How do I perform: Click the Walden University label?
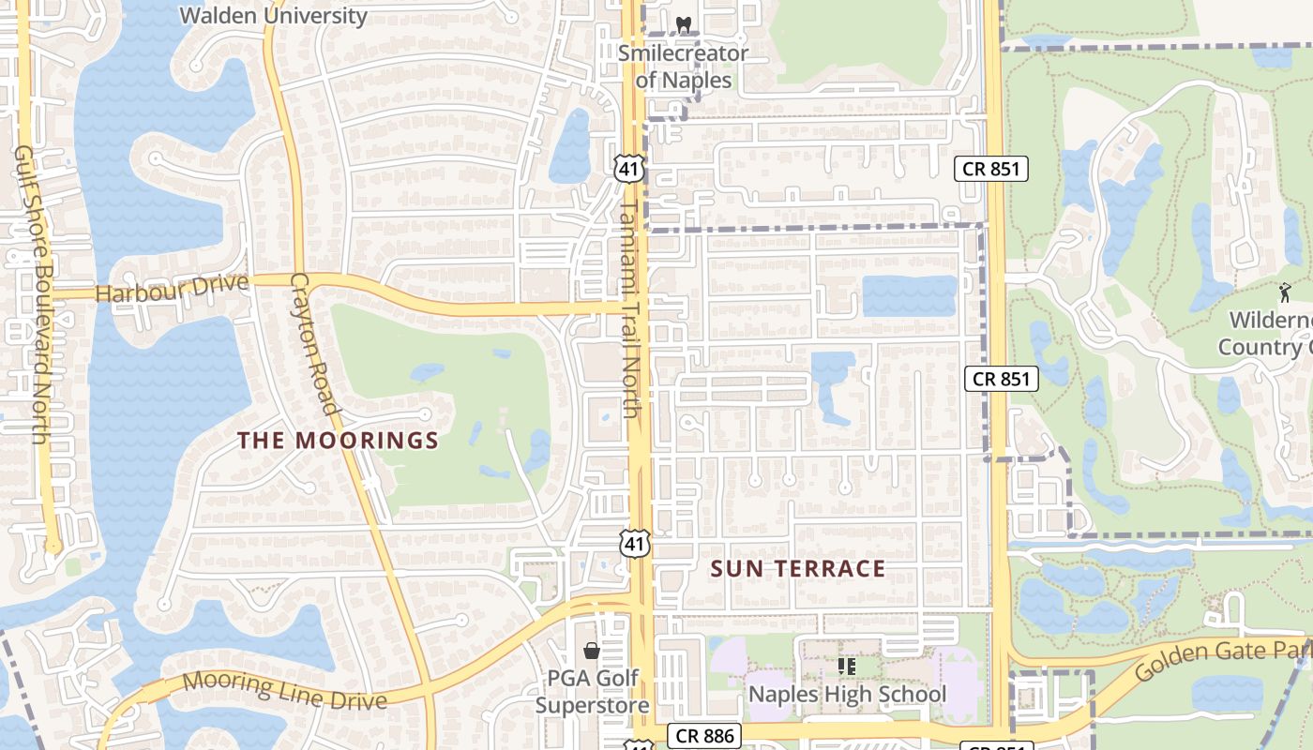pyautogui.click(x=273, y=16)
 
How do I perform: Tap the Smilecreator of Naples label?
pyautogui.click(x=683, y=67)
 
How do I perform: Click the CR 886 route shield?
pyautogui.click(x=705, y=736)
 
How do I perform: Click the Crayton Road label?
pyautogui.click(x=313, y=343)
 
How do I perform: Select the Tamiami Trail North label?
pyautogui.click(x=628, y=308)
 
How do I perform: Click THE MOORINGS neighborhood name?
pyautogui.click(x=338, y=441)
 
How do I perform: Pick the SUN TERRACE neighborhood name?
pyautogui.click(x=798, y=569)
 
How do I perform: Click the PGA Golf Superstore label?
pyautogui.click(x=592, y=691)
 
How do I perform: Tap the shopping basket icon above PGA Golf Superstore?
pyautogui.click(x=592, y=651)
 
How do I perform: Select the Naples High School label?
pyautogui.click(x=847, y=695)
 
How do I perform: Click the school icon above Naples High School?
pyautogui.click(x=847, y=667)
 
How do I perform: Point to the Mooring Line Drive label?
pyautogui.click(x=284, y=691)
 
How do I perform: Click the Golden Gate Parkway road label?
pyautogui.click(x=1219, y=659)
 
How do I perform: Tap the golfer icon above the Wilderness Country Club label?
pyautogui.click(x=1284, y=292)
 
